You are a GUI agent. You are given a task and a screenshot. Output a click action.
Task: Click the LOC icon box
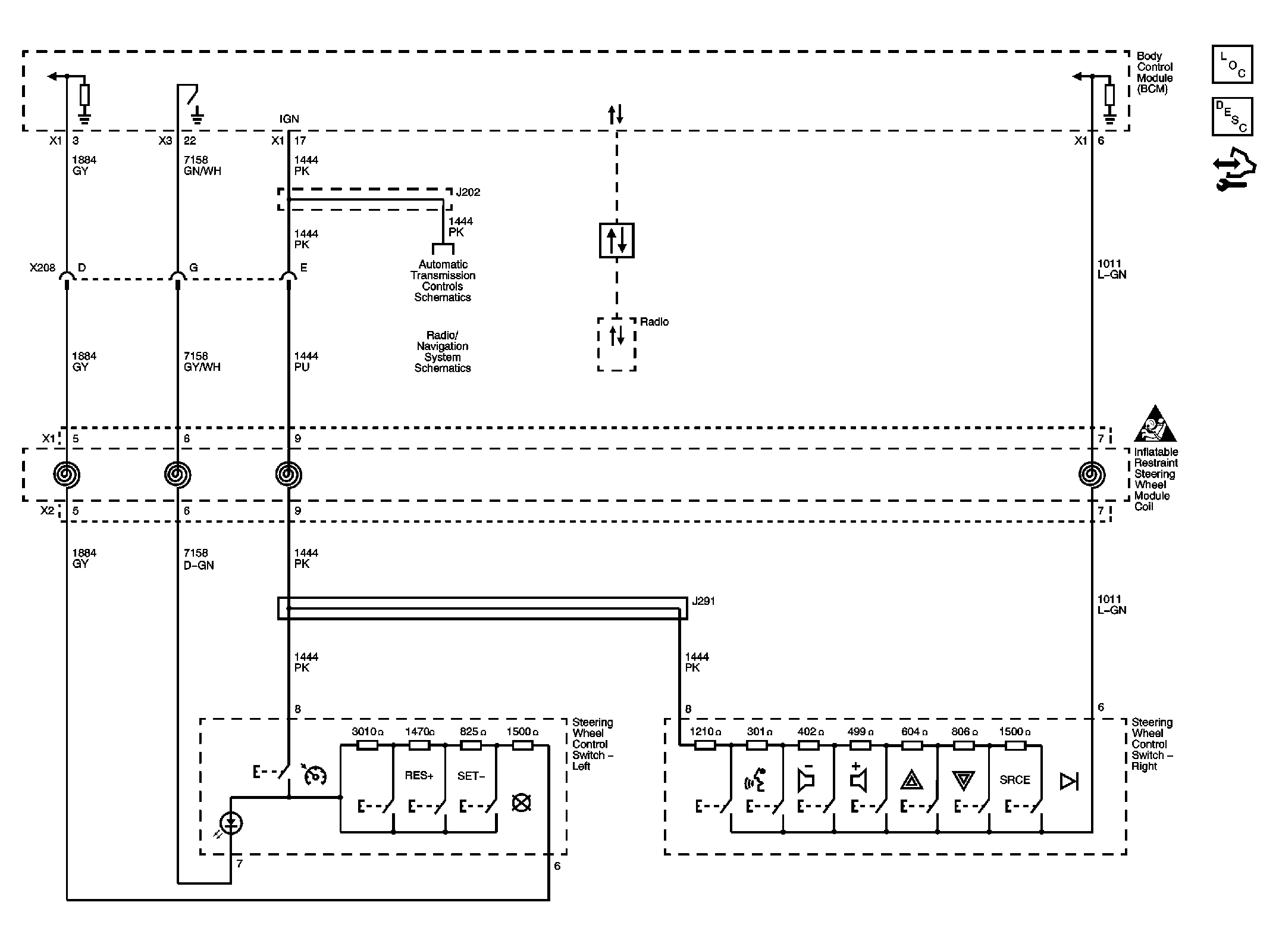coord(1232,64)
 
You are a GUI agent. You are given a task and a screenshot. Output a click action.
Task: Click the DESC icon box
coord(1232,117)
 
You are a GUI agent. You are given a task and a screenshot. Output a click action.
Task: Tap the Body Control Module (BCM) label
coord(1154,73)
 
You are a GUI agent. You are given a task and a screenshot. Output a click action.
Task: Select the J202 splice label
coord(468,192)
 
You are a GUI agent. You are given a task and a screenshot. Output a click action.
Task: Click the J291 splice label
coord(703,601)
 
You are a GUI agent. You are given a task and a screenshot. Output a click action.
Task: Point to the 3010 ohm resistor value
coord(367,732)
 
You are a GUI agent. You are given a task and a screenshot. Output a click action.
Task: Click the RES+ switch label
coord(419,775)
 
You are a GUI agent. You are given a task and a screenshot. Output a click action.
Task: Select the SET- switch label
coord(471,776)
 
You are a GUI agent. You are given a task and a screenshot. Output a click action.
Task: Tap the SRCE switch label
coord(1014,779)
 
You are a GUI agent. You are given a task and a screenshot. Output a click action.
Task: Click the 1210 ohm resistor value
coord(705,732)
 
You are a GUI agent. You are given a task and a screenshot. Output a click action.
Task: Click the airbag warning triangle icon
coord(1155,425)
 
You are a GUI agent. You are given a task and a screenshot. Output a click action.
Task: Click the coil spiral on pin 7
coord(1092,474)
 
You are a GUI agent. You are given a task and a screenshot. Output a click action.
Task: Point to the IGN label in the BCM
coord(289,119)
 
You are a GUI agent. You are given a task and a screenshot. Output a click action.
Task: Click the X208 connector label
coord(42,268)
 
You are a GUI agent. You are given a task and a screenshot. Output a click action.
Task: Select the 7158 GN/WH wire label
coord(202,166)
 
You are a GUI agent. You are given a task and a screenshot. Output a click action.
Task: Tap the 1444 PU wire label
coord(306,361)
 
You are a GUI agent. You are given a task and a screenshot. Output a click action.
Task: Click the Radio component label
coord(654,322)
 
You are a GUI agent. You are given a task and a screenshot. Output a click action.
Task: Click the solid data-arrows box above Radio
coord(616,241)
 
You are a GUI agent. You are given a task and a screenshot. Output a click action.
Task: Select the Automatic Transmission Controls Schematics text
coord(443,280)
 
